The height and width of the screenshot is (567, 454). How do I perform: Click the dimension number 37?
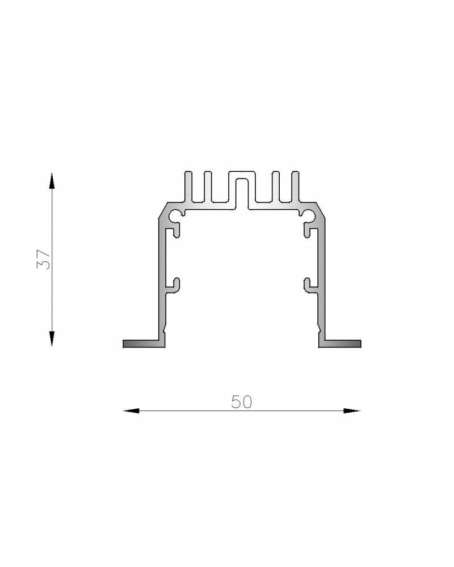tap(44, 259)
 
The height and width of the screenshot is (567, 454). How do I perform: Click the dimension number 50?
tap(242, 402)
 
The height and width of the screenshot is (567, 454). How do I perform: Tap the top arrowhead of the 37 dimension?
tap(52, 181)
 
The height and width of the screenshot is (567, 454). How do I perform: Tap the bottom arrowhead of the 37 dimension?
tap(52, 338)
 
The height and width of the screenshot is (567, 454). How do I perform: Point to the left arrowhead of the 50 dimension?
tap(131, 411)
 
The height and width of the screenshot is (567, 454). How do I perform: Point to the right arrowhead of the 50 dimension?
tap(352, 411)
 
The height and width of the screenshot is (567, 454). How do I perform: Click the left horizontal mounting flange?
tap(144, 344)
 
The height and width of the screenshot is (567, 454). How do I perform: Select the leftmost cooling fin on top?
tap(188, 186)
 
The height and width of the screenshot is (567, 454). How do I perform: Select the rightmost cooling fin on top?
tap(296, 186)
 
